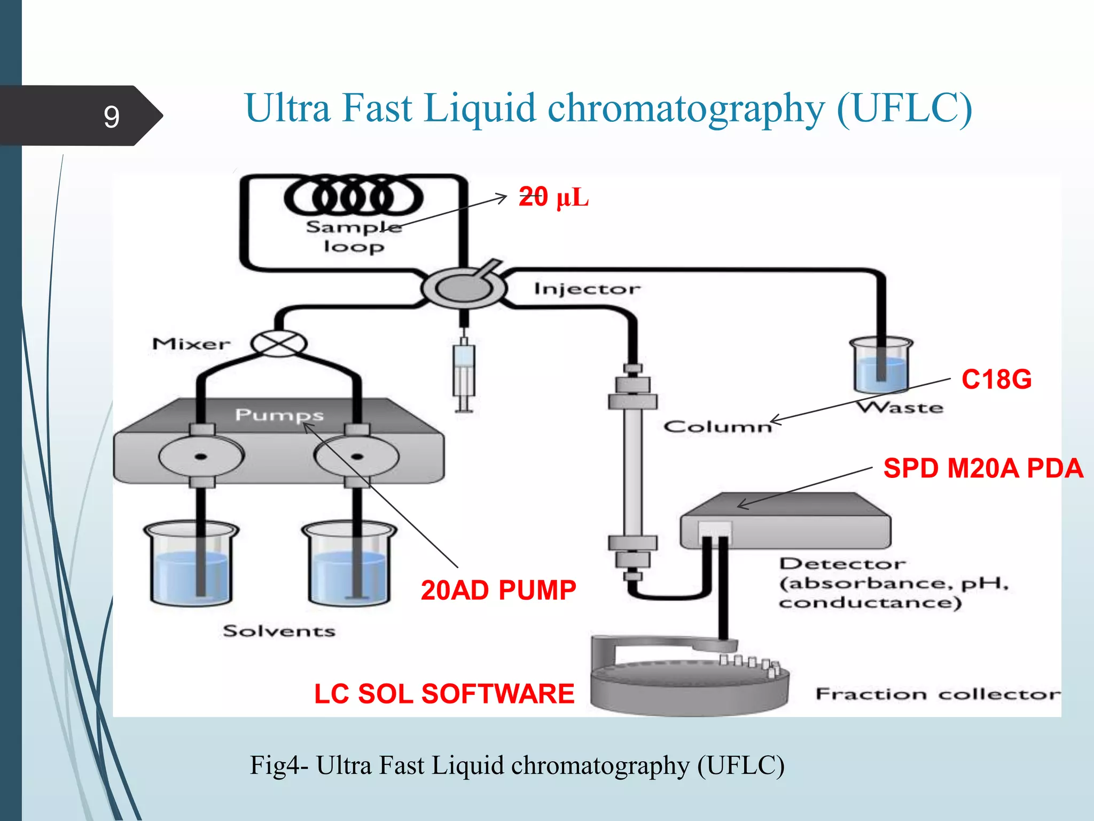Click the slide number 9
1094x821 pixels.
click(x=111, y=117)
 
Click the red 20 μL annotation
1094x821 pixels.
click(x=553, y=197)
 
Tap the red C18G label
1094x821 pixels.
click(x=996, y=379)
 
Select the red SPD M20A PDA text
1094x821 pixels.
click(x=983, y=468)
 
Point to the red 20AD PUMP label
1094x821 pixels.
click(x=498, y=590)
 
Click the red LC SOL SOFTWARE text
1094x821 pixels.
click(x=444, y=694)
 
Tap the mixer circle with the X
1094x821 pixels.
click(x=279, y=343)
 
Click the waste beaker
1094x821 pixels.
click(x=881, y=367)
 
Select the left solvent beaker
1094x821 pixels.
click(x=191, y=564)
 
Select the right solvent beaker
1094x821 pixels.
click(x=349, y=564)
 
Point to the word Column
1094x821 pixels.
click(x=717, y=427)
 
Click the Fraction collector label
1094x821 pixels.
click(x=937, y=694)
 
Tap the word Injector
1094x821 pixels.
click(x=587, y=289)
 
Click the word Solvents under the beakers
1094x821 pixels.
click(x=279, y=631)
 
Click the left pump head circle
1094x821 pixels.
click(x=201, y=457)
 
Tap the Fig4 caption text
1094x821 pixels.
click(x=517, y=765)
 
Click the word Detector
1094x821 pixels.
click(x=842, y=564)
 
